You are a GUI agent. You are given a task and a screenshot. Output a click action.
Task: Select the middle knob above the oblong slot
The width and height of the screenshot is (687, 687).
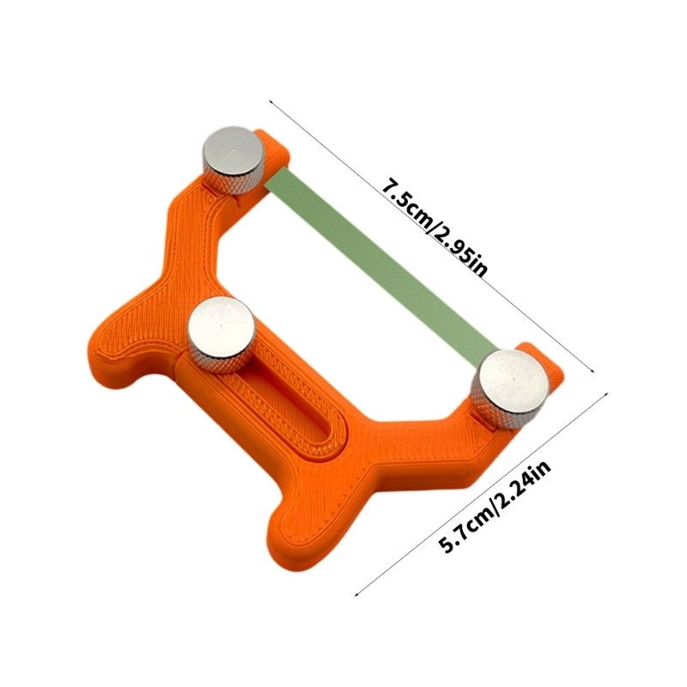(218, 327)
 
